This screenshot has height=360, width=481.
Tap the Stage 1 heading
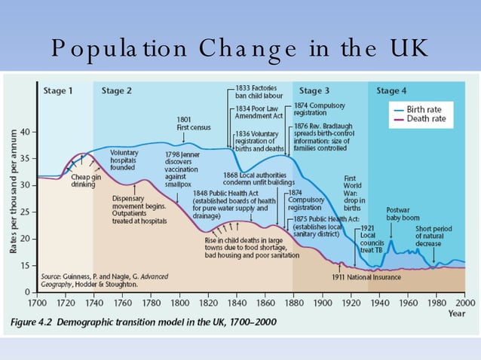[x=58, y=91]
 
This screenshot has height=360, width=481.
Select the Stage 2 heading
[x=117, y=91]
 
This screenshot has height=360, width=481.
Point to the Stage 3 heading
[x=314, y=91]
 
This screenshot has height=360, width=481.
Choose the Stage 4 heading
[x=391, y=91]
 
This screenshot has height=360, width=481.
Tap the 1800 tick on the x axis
[x=179, y=303]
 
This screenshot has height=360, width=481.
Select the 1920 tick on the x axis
[x=350, y=303]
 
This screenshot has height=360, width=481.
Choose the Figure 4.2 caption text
[x=143, y=322]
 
